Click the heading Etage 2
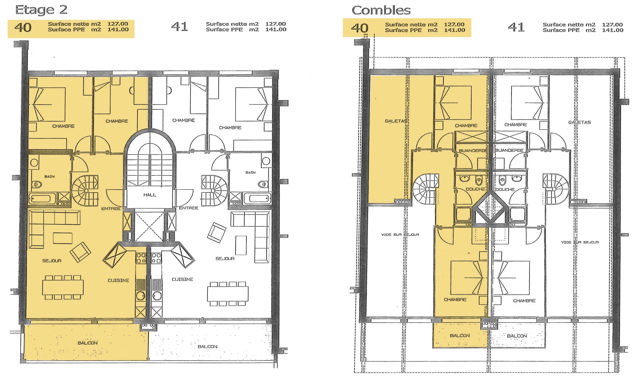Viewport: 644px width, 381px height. [41, 10]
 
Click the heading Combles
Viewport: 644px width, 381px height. [381, 11]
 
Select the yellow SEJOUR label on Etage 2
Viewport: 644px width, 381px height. [52, 261]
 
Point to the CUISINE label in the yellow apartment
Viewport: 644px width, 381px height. [118, 280]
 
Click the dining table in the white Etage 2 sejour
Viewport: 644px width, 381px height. [228, 294]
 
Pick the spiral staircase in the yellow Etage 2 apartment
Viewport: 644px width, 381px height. [85, 191]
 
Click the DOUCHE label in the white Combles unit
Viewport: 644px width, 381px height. [505, 189]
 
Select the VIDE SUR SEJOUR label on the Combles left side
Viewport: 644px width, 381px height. [400, 234]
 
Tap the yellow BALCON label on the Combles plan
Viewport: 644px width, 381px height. [460, 336]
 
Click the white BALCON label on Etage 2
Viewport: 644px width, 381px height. [207, 347]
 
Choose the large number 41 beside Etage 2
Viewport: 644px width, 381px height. [179, 27]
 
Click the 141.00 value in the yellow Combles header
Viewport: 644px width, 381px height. [454, 30]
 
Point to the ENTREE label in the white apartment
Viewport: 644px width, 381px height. [189, 208]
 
